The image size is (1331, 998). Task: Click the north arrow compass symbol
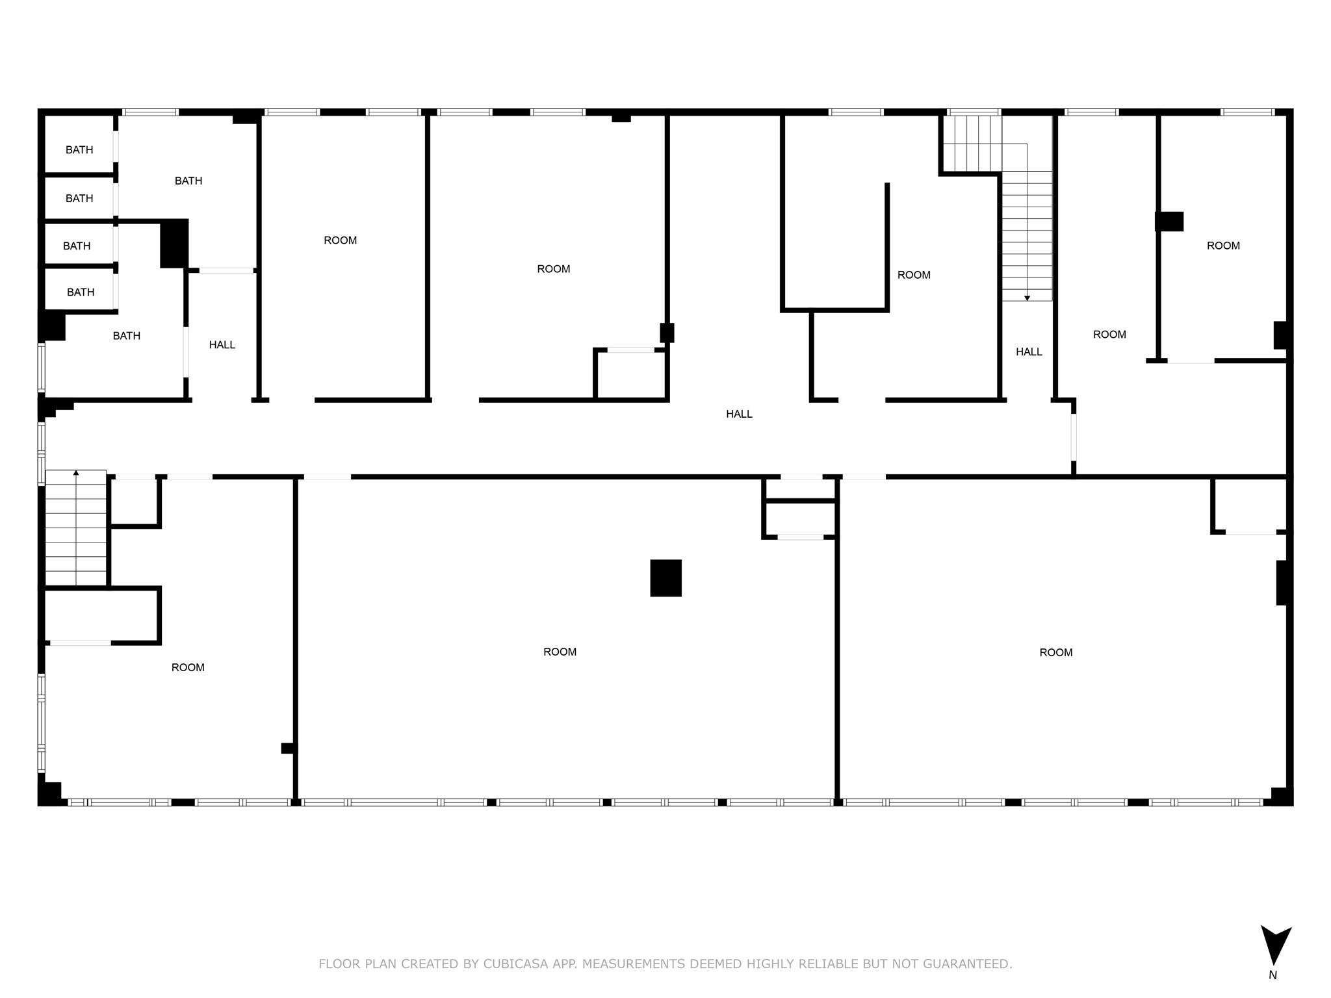click(1275, 945)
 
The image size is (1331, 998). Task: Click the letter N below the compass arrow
click(1273, 975)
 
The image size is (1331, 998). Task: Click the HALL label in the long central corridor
click(739, 414)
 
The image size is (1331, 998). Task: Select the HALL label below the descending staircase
click(1029, 352)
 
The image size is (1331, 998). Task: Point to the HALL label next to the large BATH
click(222, 345)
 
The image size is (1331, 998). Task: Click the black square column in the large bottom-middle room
click(665, 578)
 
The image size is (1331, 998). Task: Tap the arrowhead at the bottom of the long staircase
click(1027, 298)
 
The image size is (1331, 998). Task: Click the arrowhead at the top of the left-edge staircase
click(76, 473)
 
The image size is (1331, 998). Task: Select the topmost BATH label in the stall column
click(79, 150)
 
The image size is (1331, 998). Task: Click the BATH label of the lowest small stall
click(81, 292)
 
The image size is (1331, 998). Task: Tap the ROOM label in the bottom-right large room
click(1055, 652)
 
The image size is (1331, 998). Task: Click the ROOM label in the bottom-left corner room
click(188, 667)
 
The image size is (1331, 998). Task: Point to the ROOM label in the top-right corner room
click(1223, 246)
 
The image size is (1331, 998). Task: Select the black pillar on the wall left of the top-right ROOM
click(1169, 222)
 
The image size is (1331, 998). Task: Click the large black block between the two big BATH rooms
click(174, 244)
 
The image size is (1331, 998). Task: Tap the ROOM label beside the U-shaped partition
click(914, 275)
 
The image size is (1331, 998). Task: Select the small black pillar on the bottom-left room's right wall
click(287, 748)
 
